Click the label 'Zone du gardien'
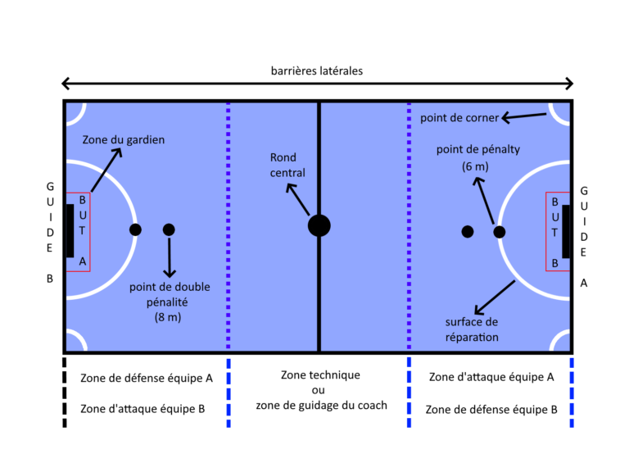[x=123, y=140]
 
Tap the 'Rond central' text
[x=287, y=165]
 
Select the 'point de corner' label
[x=459, y=118]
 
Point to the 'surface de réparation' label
[x=472, y=329]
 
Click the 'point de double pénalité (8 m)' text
[x=170, y=302]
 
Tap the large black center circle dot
[x=319, y=225]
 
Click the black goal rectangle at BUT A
[x=70, y=230]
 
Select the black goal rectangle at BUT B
[x=566, y=230]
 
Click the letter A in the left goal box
[x=82, y=262]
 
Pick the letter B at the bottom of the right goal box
[x=554, y=263]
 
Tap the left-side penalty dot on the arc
[x=135, y=229]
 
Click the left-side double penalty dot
[x=169, y=229]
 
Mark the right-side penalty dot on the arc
[x=499, y=232]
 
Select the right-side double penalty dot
[x=467, y=232]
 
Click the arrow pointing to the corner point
[x=523, y=117]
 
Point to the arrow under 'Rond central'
[x=298, y=199]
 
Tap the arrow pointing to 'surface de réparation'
[x=495, y=297]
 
